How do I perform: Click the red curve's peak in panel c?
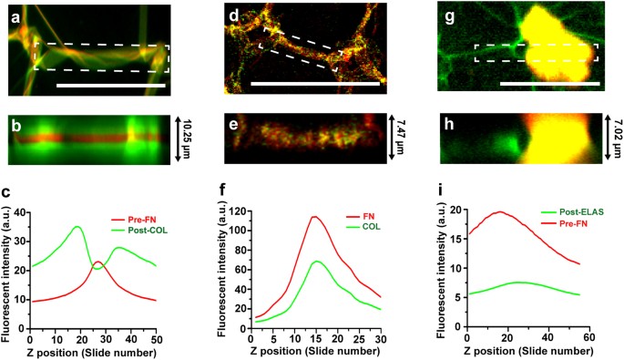(98, 262)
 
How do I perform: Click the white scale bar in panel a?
(110, 86)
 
